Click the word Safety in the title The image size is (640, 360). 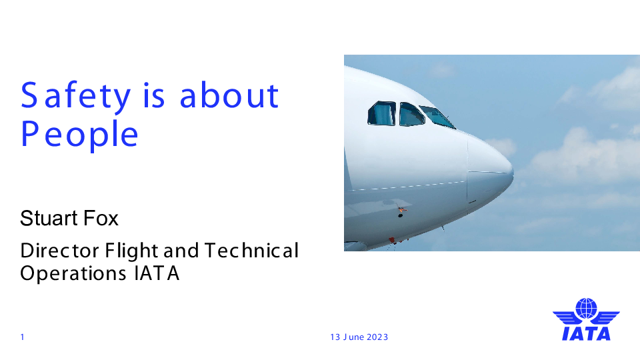point(75,96)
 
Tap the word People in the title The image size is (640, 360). point(79,135)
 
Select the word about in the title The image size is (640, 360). point(229,95)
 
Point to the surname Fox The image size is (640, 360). point(101,219)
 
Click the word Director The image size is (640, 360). point(59,251)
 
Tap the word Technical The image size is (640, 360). point(251,251)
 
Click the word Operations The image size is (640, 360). point(73,273)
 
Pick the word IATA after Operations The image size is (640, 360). point(157,273)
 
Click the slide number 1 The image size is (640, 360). point(23,337)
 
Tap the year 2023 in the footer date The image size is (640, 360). point(377,337)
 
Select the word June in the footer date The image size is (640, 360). point(353,337)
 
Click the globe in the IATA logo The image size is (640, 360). point(586,308)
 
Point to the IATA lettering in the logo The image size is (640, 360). point(586,333)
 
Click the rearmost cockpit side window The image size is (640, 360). point(382,113)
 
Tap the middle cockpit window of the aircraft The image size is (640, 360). point(411,115)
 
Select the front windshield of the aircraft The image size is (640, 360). point(437,117)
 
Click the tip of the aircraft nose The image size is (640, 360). point(513,173)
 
